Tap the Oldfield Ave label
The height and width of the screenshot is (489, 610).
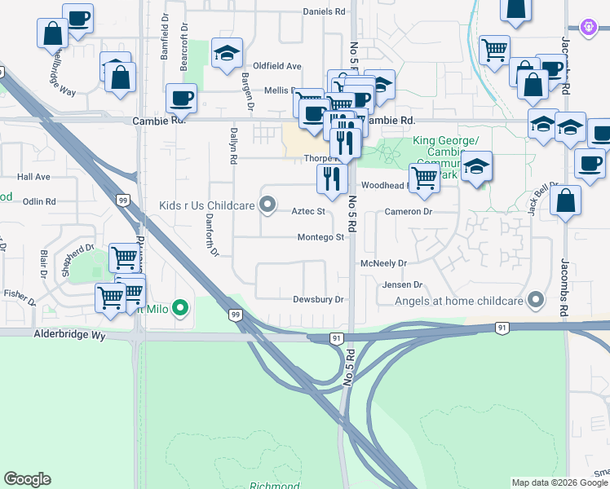click(x=277, y=66)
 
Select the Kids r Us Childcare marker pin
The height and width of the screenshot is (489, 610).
click(x=267, y=206)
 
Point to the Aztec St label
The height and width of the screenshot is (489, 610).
click(x=308, y=212)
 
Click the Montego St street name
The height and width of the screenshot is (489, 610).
click(x=320, y=237)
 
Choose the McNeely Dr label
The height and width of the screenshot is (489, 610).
click(x=383, y=264)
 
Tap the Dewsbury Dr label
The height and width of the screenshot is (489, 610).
click(x=319, y=300)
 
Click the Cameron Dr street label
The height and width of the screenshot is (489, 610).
click(x=408, y=211)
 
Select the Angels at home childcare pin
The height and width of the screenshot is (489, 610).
click(x=535, y=301)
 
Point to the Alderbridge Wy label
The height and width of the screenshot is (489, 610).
click(x=70, y=335)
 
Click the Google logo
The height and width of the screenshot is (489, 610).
click(x=27, y=479)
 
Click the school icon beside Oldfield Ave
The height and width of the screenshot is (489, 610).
click(x=227, y=54)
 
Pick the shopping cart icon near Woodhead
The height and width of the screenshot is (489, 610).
click(x=424, y=177)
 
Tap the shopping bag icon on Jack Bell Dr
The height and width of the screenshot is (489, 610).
click(x=565, y=200)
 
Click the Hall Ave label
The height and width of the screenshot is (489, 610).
click(x=33, y=177)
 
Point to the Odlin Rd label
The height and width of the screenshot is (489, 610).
click(x=39, y=201)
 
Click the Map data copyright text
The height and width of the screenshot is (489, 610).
click(x=559, y=482)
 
